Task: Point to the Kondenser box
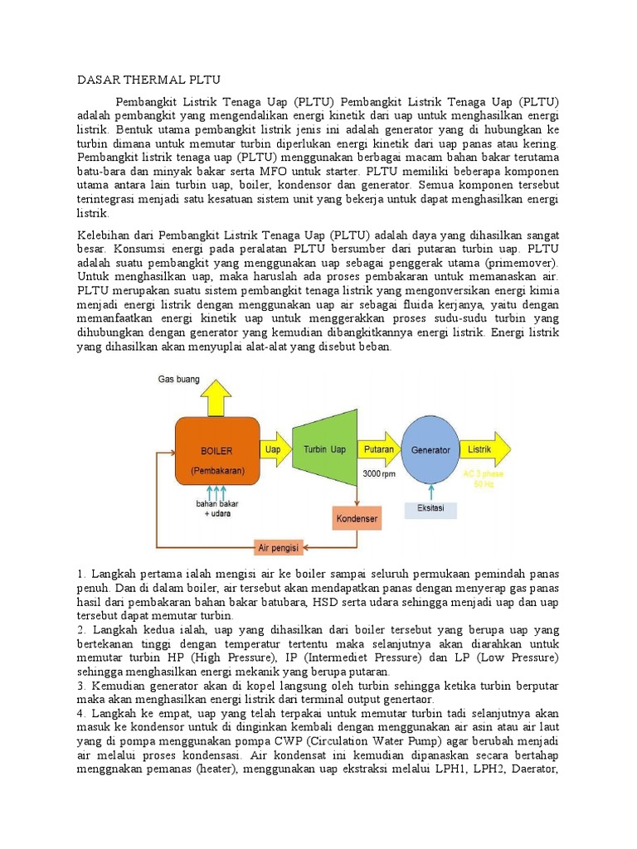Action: pos(357,519)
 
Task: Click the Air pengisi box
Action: pos(279,547)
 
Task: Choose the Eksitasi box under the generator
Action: pos(430,507)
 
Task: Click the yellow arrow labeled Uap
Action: pos(272,449)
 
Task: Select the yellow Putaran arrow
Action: pos(378,449)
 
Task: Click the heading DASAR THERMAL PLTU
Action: pos(148,80)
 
